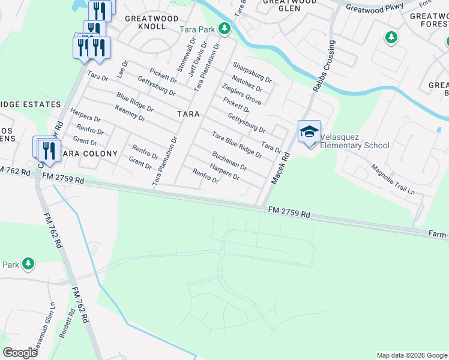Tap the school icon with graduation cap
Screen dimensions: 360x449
coord(309,132)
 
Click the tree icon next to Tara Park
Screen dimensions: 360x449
coord(224,28)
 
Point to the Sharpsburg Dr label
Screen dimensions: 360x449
coord(252,73)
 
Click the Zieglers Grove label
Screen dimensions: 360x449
coord(241,95)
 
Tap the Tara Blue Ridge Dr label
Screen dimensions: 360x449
coord(237,144)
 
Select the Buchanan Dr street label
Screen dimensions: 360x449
coord(229,160)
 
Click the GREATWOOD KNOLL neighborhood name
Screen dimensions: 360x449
coord(145,22)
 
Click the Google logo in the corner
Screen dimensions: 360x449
coord(20,353)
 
